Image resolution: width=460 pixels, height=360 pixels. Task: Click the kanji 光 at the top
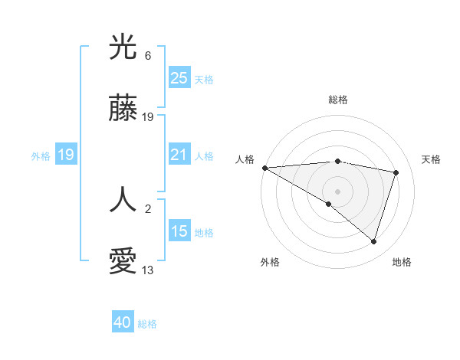click(123, 48)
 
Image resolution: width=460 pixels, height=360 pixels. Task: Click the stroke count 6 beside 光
click(148, 56)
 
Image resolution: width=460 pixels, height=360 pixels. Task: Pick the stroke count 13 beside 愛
click(148, 270)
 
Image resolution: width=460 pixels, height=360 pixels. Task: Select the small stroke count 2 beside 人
click(148, 207)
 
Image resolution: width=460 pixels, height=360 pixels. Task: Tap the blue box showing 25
click(179, 77)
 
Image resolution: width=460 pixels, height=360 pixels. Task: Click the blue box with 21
click(179, 155)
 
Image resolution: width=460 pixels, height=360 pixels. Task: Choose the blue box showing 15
click(179, 231)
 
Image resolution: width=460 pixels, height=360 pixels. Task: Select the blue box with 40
click(123, 323)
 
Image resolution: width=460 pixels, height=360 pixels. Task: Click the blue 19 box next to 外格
click(66, 155)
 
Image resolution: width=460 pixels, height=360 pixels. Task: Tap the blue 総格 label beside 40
click(148, 324)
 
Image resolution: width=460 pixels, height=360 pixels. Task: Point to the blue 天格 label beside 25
click(204, 79)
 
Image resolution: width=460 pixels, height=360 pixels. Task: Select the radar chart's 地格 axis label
click(402, 262)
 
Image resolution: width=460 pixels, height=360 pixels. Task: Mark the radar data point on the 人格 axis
click(264, 168)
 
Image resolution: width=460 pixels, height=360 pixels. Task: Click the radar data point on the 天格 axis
click(396, 172)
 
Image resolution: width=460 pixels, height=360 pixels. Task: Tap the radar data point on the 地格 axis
click(374, 241)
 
